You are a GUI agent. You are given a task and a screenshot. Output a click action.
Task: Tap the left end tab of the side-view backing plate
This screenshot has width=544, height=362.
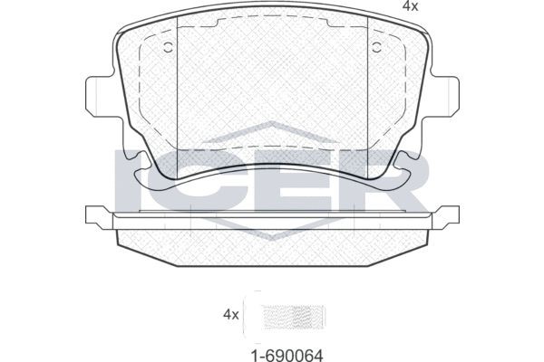[94, 216]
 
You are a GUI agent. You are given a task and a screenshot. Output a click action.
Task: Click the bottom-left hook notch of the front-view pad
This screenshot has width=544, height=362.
[136, 161]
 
